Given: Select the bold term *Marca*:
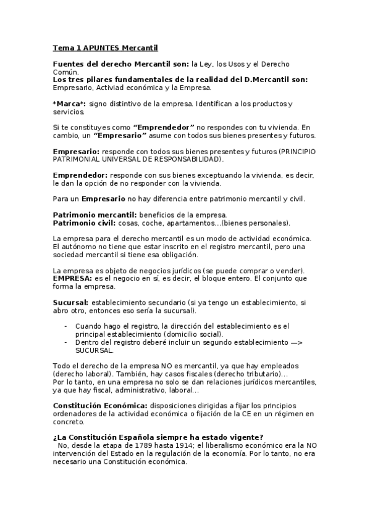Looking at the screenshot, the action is tap(70, 104).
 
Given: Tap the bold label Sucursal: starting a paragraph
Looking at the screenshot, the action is tap(71, 302).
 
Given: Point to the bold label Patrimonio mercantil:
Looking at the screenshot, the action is tap(94, 214).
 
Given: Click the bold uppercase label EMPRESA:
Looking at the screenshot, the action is tap(73, 278).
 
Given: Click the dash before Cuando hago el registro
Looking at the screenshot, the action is tap(66, 325).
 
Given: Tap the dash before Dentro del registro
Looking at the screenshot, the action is tap(66, 341).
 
